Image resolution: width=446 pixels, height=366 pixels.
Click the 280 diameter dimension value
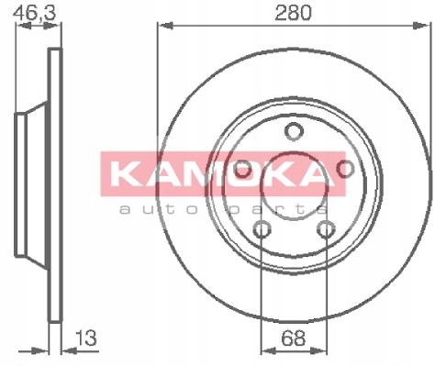tap(293, 13)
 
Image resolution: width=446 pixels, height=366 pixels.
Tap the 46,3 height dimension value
tap(36, 13)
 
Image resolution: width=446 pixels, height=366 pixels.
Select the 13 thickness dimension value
tap(86, 338)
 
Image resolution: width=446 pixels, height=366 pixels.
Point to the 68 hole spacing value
tap(293, 338)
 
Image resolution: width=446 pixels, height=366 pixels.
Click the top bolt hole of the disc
tap(294, 131)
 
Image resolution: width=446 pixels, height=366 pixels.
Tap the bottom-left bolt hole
tap(262, 229)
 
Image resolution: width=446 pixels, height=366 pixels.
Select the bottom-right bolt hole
tap(326, 229)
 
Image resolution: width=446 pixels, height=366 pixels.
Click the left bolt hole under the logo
tap(242, 169)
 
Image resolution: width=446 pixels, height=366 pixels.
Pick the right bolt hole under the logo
tap(345, 169)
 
